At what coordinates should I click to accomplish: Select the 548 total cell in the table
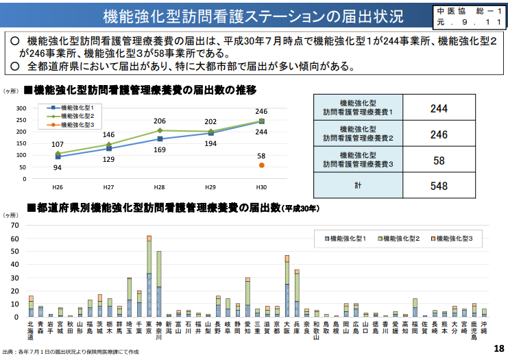coord(439,186)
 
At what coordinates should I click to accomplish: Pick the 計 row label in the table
coord(359,186)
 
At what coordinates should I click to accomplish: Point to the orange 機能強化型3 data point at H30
coord(261,165)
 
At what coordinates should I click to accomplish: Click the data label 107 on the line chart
coord(58,145)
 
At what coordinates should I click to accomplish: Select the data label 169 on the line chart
coord(159,149)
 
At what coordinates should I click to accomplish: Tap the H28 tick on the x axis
coord(159,187)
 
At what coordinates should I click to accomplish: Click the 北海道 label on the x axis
coord(30,330)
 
